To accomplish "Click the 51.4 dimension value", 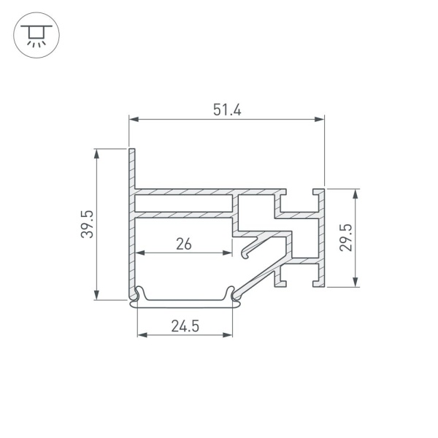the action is click(x=227, y=109).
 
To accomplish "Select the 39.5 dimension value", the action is click(x=87, y=224).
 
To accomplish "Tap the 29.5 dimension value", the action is click(x=346, y=237).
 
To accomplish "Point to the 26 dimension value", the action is click(x=184, y=244).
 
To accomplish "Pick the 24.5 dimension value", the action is click(x=185, y=326).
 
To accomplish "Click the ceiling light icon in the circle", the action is click(x=36, y=35).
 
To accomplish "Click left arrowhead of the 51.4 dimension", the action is click(x=134, y=119).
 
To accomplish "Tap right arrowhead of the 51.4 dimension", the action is click(x=319, y=119).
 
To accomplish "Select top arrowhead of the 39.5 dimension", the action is click(x=96, y=154).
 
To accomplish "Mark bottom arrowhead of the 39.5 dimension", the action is click(x=96, y=295).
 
